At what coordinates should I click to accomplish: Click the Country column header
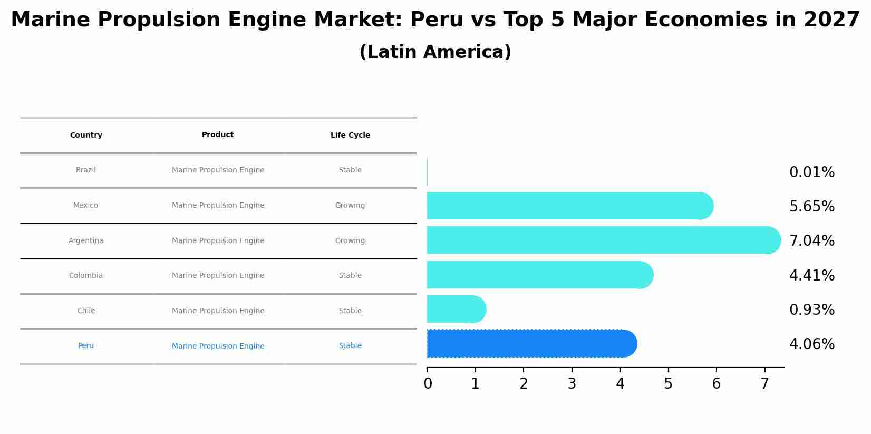pos(86,136)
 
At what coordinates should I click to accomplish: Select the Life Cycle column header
pos(350,136)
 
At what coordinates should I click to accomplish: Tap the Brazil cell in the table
pos(86,170)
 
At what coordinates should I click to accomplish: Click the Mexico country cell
pos(85,206)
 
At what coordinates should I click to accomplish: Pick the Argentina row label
pos(86,241)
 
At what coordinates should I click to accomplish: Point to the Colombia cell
pos(86,276)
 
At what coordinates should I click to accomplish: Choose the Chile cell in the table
pos(86,311)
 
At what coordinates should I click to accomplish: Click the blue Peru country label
pos(86,346)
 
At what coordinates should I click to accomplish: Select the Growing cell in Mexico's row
pos(350,206)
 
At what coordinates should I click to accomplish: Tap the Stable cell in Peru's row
pos(350,346)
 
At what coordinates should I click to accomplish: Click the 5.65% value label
pos(811,207)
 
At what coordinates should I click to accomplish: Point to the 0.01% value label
pos(811,172)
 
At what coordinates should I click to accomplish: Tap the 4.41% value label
pos(811,276)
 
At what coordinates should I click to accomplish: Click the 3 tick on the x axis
pos(572,384)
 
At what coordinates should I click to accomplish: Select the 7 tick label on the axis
pos(764,384)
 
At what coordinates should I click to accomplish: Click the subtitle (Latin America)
pos(435,53)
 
